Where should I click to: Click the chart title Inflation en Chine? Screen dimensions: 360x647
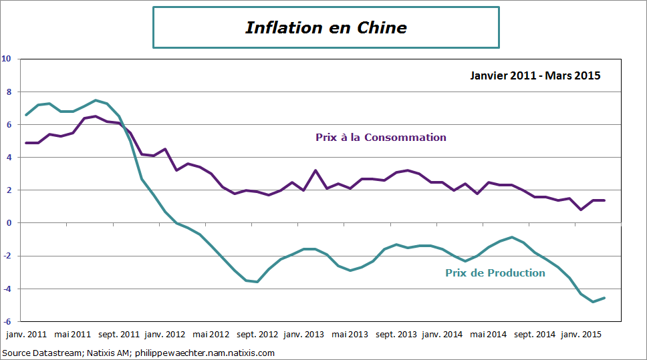[326, 27]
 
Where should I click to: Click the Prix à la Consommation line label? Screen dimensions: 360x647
[380, 138]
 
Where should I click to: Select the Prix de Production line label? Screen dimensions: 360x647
[495, 273]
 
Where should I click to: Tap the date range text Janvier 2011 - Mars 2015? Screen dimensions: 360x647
[535, 75]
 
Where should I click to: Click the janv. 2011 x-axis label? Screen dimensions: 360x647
[26, 333]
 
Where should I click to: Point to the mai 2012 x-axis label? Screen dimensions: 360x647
[211, 333]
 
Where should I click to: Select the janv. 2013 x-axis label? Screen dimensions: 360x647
[304, 333]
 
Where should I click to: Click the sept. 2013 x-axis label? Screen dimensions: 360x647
[396, 333]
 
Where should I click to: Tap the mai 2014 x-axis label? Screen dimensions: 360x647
[489, 333]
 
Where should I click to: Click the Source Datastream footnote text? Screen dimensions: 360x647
[138, 353]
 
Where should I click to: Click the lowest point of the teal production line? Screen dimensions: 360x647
[593, 302]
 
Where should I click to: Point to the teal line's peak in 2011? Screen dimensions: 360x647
[96, 100]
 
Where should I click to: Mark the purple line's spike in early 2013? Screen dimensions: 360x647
[315, 170]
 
